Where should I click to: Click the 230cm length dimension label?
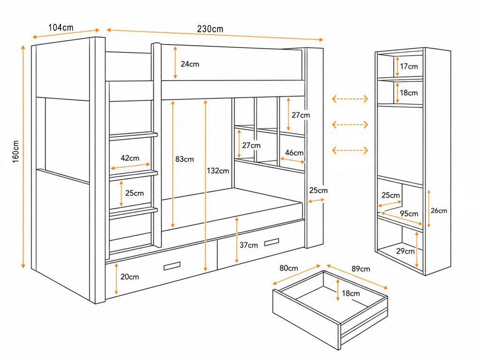(x=210, y=29)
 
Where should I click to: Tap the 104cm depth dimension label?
(x=61, y=28)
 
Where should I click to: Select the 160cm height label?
(x=16, y=152)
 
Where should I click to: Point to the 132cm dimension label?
(x=217, y=171)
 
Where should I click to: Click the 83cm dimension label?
(x=185, y=159)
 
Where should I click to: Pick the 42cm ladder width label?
(x=130, y=158)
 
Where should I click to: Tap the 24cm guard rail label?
(x=190, y=64)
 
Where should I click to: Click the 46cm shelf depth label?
(x=294, y=152)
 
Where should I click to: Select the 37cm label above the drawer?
(x=248, y=245)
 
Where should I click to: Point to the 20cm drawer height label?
(x=129, y=277)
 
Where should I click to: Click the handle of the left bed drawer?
(x=172, y=266)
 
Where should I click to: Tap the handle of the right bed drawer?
(x=271, y=242)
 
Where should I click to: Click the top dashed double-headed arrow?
(x=350, y=99)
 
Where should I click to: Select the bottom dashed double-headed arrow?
(x=350, y=150)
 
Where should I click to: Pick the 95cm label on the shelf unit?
(x=409, y=213)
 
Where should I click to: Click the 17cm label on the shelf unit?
(x=409, y=66)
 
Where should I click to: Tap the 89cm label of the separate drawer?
(x=360, y=269)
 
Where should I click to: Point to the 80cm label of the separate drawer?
(x=289, y=268)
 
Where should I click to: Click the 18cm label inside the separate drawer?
(x=351, y=293)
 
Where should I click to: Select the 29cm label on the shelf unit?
(x=405, y=251)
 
